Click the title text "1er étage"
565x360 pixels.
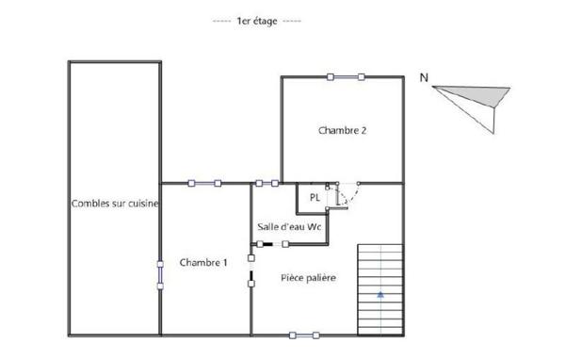click(257, 21)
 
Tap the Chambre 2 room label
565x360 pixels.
click(343, 130)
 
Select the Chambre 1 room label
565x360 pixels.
click(203, 262)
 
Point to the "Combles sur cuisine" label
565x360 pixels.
click(115, 204)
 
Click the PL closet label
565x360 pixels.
click(315, 197)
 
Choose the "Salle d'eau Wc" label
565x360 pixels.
click(289, 227)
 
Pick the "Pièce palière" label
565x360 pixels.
click(309, 278)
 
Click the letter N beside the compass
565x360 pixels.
click(424, 77)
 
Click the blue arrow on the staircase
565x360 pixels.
click(380, 295)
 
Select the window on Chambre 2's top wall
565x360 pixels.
click(346, 77)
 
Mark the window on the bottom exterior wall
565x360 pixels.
click(304, 335)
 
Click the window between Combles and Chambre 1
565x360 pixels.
click(160, 275)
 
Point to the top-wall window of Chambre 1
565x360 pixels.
click(204, 183)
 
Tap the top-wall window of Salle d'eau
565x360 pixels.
click(267, 183)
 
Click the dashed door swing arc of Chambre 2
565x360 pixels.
click(352, 197)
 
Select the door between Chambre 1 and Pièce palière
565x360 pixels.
click(251, 270)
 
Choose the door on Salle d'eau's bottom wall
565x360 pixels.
click(272, 244)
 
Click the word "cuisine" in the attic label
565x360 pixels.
click(143, 204)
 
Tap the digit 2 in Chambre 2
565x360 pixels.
click(363, 130)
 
